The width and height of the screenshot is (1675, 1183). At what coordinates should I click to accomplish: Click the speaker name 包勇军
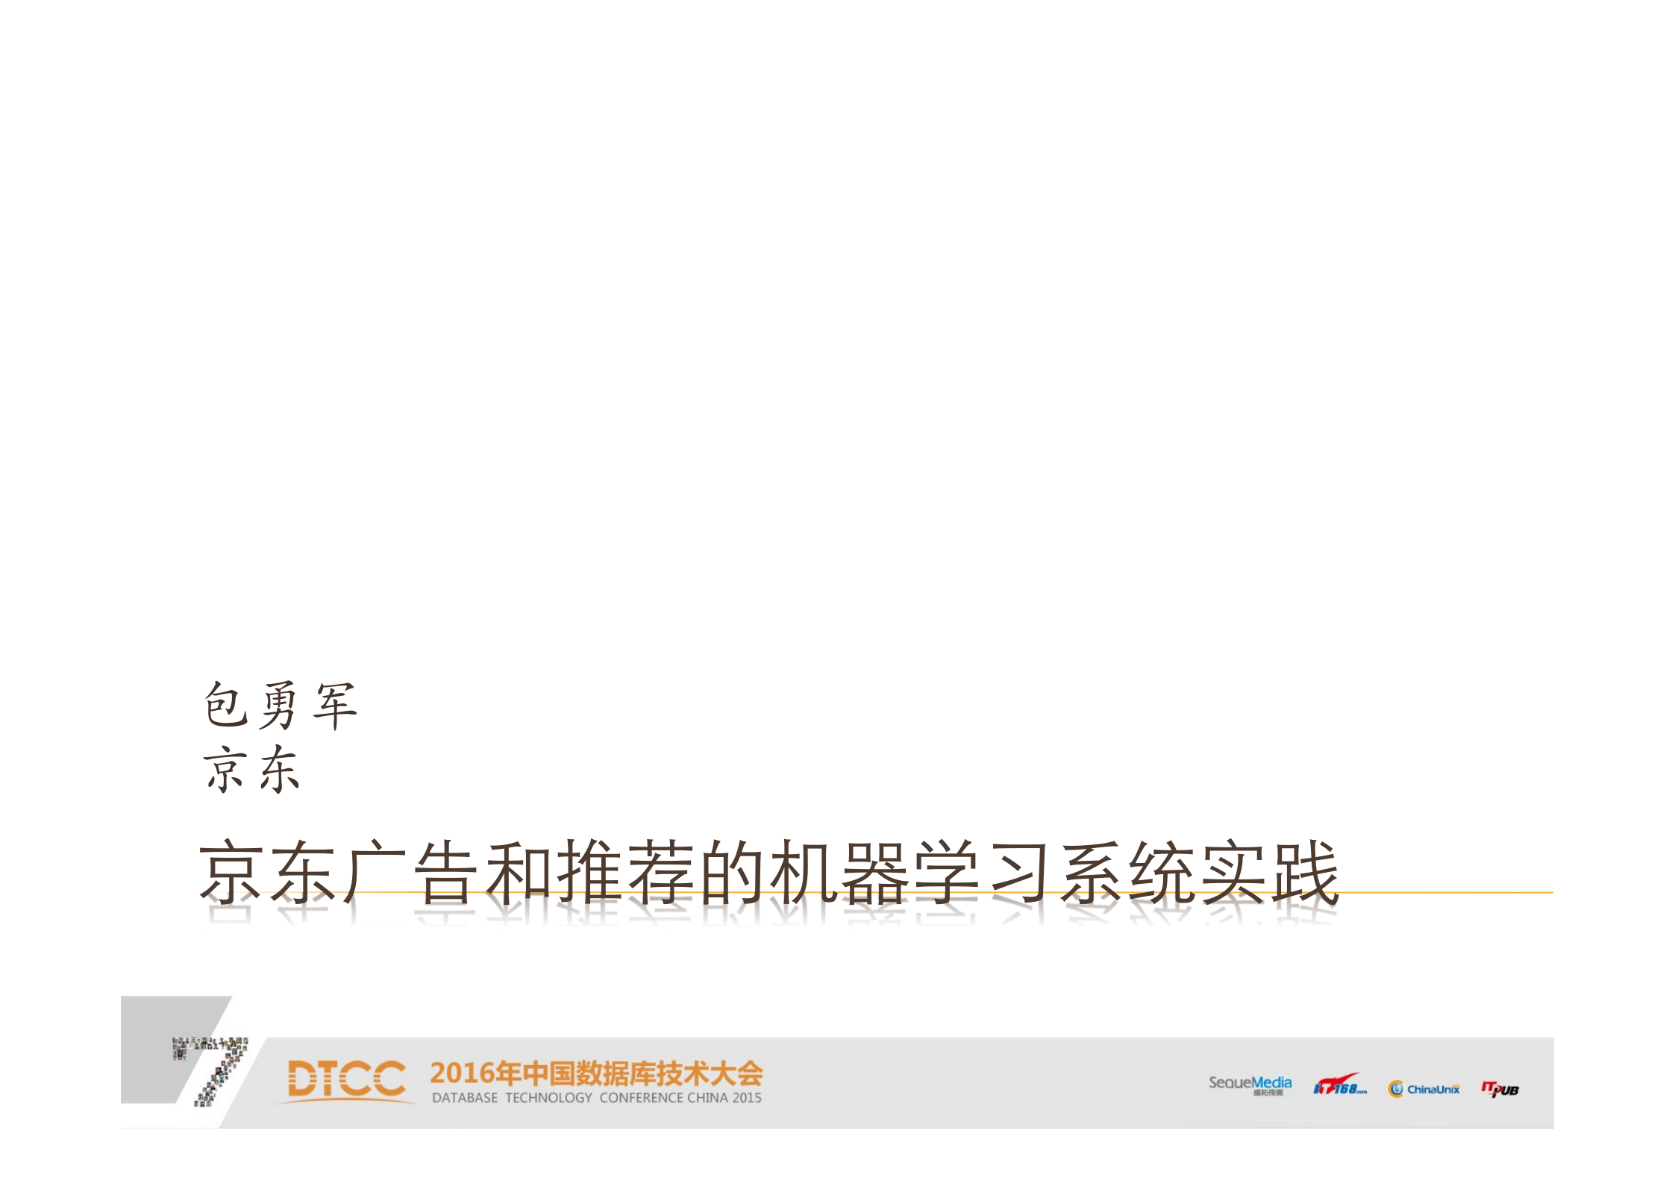pyautogui.click(x=281, y=705)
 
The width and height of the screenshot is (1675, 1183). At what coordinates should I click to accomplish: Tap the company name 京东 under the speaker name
pyautogui.click(x=251, y=769)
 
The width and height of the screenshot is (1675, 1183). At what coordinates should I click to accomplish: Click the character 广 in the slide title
pyautogui.click(x=376, y=872)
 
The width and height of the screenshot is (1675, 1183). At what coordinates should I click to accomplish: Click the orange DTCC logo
pyautogui.click(x=346, y=1079)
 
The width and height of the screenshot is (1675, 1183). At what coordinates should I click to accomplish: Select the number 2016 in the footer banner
pyautogui.click(x=463, y=1073)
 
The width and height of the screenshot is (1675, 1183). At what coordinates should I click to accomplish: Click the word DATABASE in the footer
pyautogui.click(x=464, y=1098)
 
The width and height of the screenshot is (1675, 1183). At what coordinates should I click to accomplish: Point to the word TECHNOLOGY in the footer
pyautogui.click(x=548, y=1098)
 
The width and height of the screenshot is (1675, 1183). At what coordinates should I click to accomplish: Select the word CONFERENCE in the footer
pyautogui.click(x=641, y=1098)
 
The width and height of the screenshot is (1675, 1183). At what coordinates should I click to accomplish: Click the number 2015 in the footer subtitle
pyautogui.click(x=746, y=1098)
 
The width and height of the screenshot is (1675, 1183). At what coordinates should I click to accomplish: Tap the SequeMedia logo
pyautogui.click(x=1250, y=1085)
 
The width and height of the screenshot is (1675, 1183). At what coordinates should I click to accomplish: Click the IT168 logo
pyautogui.click(x=1339, y=1085)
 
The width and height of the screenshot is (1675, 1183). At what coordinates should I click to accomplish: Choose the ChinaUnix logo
pyautogui.click(x=1424, y=1089)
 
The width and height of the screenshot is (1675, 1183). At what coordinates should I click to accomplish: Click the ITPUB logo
pyautogui.click(x=1500, y=1089)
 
